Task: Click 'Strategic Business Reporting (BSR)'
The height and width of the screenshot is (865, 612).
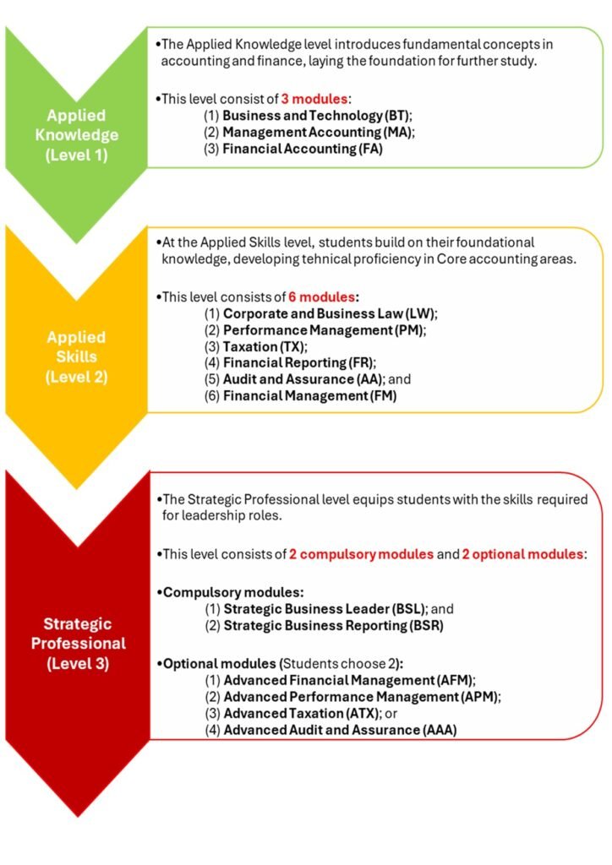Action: click(334, 626)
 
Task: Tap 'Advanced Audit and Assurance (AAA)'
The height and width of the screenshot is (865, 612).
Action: click(339, 730)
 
